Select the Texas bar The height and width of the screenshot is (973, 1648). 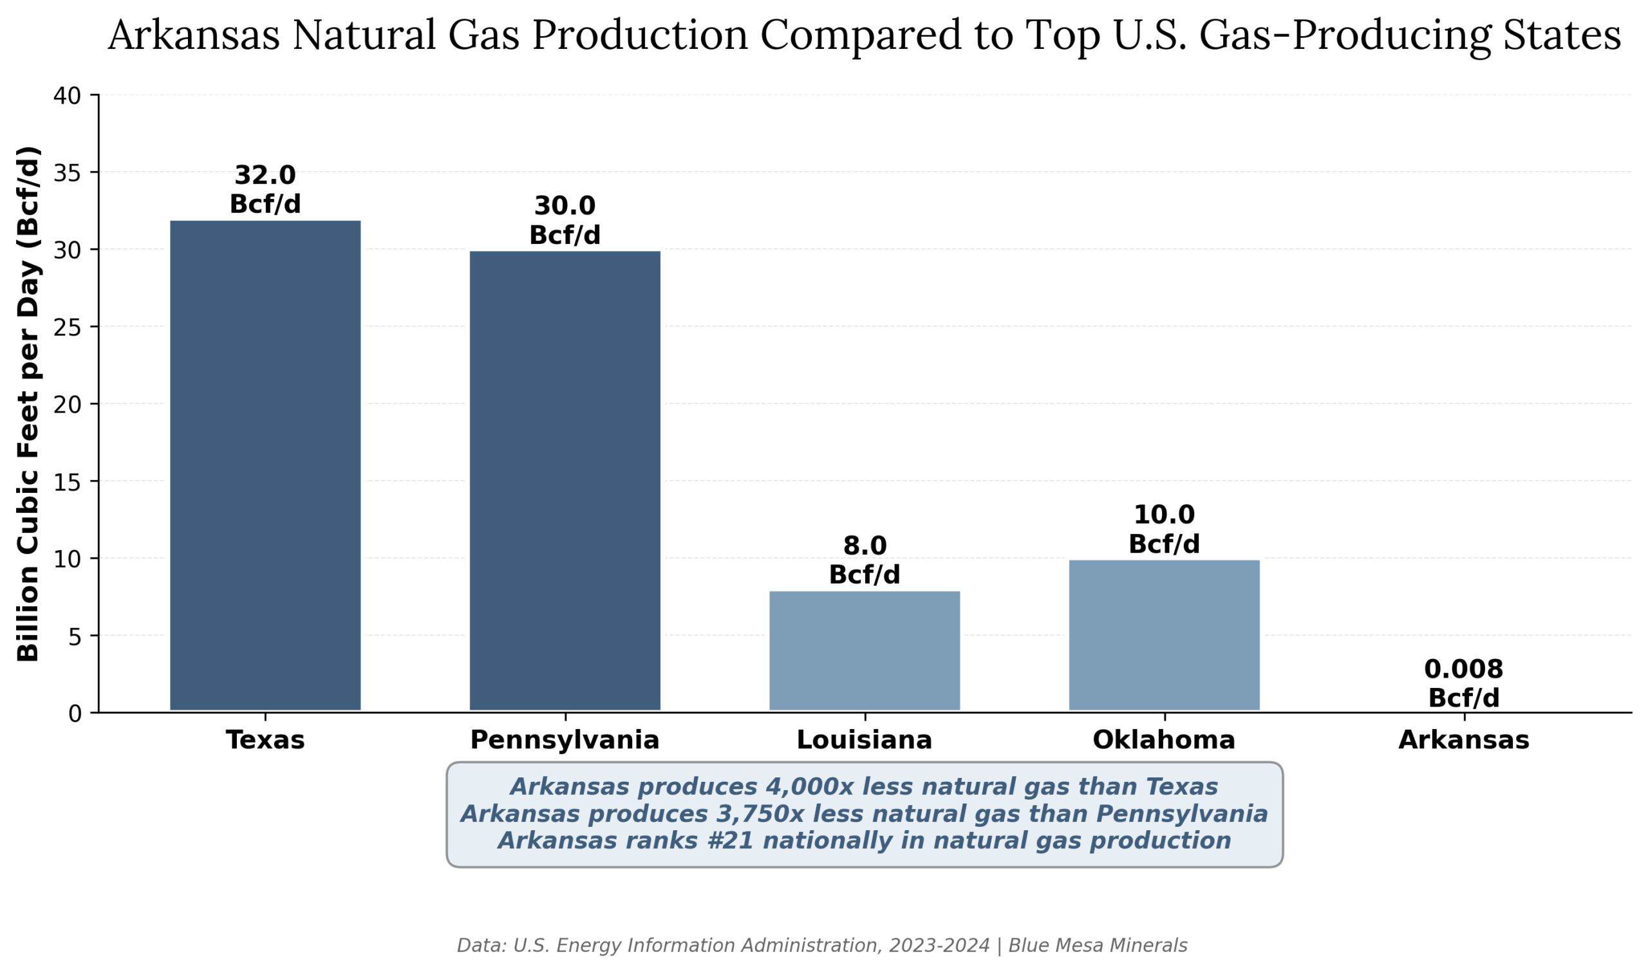coord(265,466)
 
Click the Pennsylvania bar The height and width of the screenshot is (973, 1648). coord(565,481)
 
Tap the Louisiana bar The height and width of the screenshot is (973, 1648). coord(865,651)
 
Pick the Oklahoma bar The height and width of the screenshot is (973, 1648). coord(1164,635)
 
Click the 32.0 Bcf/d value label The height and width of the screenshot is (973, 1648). coord(265,189)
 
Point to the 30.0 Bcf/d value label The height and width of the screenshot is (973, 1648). coord(565,220)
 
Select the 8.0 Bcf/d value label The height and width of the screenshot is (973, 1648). coord(865,560)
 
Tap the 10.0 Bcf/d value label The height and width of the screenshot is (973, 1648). coord(1164,529)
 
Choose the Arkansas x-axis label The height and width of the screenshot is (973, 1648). coord(1464,740)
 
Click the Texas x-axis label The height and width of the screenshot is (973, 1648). coord(265,740)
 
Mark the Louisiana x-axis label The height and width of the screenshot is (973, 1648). coord(865,740)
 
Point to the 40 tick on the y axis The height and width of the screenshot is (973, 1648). coord(67,97)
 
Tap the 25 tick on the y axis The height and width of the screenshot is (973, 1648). coord(67,328)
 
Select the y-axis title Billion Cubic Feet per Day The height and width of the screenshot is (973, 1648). coord(28,404)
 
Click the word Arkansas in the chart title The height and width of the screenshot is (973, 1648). coord(194,35)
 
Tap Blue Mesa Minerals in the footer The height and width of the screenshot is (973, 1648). coord(1098,945)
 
